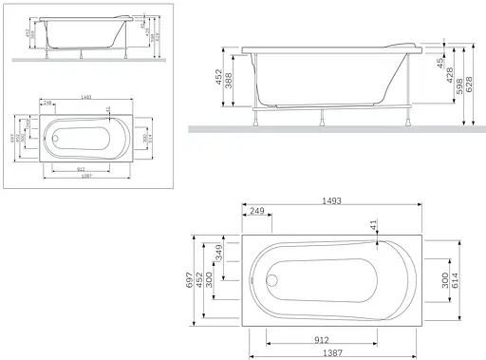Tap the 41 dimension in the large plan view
[x=373, y=223]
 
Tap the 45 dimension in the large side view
[x=439, y=63]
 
